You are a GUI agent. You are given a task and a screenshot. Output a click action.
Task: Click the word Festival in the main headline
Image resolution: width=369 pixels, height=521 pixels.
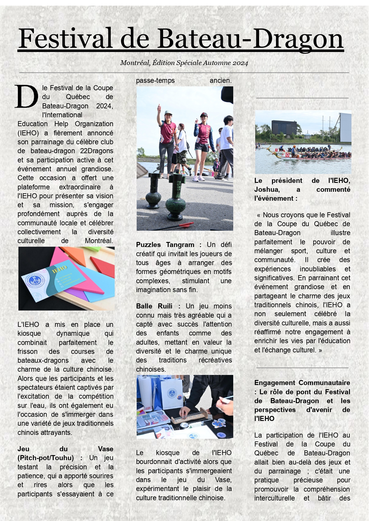[65, 39]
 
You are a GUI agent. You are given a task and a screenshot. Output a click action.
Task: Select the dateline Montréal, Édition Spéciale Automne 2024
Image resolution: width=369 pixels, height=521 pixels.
[184, 63]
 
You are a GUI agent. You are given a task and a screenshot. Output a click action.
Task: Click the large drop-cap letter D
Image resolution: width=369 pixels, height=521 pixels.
[26, 97]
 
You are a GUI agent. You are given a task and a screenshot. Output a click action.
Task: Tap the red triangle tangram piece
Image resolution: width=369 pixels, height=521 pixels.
[102, 265]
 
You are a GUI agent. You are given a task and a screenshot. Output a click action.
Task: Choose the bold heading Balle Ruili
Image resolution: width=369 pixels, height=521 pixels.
[154, 306]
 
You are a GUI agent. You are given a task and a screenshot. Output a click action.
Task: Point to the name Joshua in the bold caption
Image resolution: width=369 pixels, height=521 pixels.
[267, 189]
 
